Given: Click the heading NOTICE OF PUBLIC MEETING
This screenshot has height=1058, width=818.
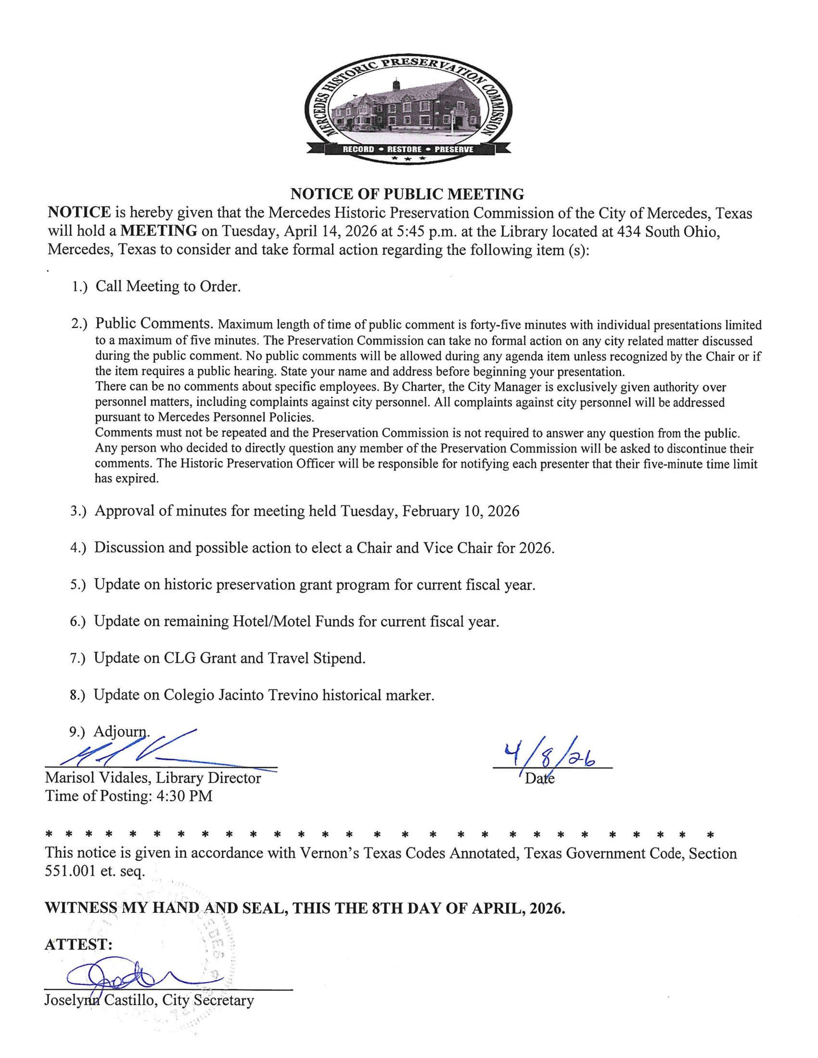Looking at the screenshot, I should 407,194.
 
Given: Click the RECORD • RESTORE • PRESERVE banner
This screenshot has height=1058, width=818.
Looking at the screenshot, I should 408,149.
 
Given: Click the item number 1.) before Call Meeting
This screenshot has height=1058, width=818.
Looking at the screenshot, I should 79,287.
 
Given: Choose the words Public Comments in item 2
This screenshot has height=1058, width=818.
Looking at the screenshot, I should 153,323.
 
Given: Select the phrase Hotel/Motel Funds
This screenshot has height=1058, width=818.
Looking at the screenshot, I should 293,621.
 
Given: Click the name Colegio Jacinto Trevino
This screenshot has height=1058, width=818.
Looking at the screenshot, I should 241,695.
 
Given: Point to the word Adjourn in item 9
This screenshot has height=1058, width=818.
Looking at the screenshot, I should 121,731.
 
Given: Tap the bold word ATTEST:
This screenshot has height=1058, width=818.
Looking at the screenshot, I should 78,944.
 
